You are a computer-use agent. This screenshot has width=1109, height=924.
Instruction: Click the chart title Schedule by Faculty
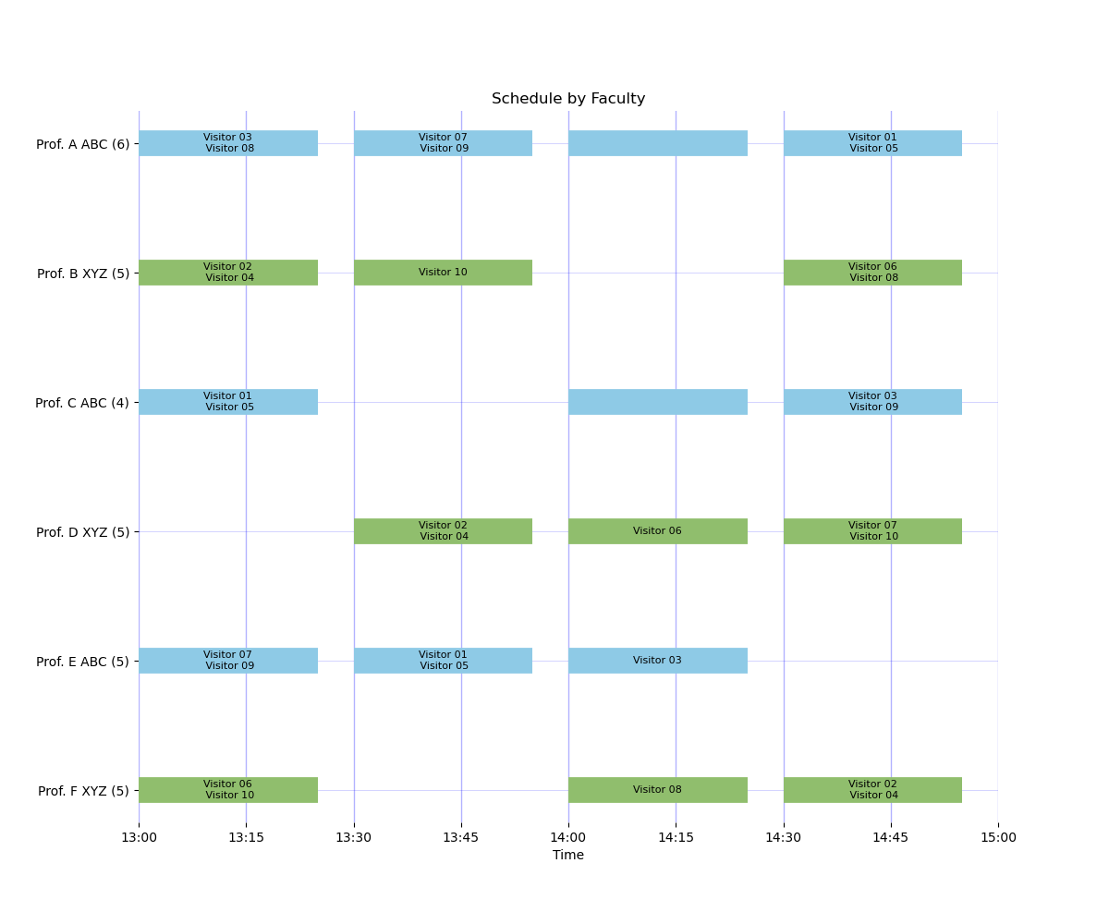(x=567, y=98)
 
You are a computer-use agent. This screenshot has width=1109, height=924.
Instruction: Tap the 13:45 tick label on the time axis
(x=460, y=837)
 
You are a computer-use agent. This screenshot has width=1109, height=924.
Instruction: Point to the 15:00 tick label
(x=998, y=837)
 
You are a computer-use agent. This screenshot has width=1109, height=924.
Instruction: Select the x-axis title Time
(x=567, y=855)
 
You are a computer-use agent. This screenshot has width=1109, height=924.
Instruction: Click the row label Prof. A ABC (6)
(x=83, y=144)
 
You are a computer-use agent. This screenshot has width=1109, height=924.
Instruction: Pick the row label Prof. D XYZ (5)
(x=83, y=532)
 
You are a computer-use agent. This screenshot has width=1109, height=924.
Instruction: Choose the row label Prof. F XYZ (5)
(x=83, y=791)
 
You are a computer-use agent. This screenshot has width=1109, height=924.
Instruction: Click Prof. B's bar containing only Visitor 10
(x=443, y=273)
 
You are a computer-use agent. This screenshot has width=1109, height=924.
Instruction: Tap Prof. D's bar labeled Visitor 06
(x=657, y=531)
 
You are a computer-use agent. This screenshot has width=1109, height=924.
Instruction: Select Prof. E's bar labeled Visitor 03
(x=657, y=661)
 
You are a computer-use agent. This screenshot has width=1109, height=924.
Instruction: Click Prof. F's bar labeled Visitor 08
(x=657, y=790)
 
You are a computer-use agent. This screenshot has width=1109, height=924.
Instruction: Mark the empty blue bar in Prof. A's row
(x=657, y=143)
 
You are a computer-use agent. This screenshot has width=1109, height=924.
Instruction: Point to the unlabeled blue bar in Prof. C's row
(x=657, y=401)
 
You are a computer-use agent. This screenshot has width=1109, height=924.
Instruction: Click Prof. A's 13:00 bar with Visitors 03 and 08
(x=228, y=143)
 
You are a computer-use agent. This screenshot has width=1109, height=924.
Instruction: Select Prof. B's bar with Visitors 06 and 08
(x=872, y=273)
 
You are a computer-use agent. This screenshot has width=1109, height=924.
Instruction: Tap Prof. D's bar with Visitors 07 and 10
(x=872, y=531)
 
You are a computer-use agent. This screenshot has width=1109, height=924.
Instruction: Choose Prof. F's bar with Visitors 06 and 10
(x=228, y=790)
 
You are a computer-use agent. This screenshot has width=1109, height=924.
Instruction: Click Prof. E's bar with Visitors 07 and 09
(x=228, y=661)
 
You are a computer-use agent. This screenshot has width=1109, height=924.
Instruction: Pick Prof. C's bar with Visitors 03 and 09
(x=872, y=401)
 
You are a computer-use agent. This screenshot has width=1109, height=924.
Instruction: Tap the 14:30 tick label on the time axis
(x=783, y=837)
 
